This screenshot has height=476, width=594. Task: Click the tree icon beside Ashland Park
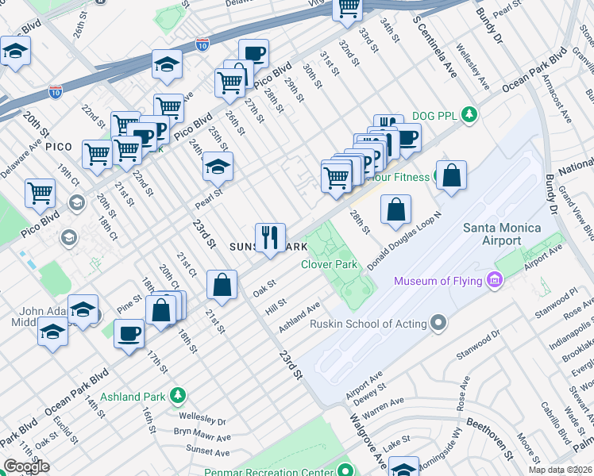click(178, 395)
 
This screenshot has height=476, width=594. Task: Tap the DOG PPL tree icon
click(470, 115)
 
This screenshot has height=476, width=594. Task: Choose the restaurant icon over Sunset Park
click(270, 237)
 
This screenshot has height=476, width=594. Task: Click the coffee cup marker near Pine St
click(129, 333)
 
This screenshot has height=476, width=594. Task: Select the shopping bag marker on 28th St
click(395, 210)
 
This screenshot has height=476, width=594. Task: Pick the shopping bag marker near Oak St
click(222, 285)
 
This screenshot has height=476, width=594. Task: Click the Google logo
click(26, 466)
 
